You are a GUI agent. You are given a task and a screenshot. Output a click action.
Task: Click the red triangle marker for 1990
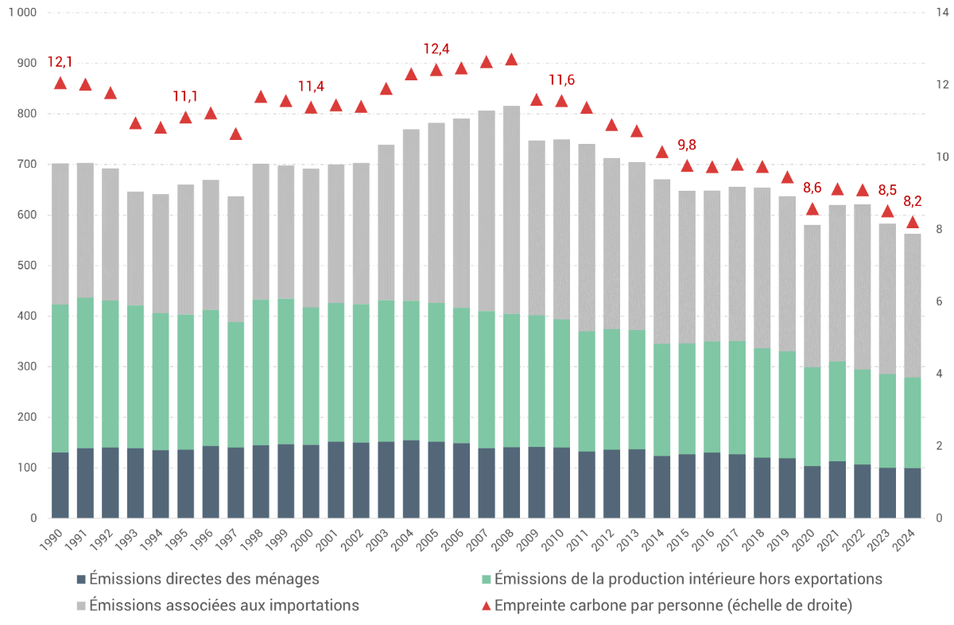coord(60,83)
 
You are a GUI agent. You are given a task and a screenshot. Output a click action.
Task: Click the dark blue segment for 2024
coord(913,493)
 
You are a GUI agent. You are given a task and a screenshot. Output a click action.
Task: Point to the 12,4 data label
coord(436,49)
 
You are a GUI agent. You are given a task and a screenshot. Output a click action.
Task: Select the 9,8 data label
coord(687,145)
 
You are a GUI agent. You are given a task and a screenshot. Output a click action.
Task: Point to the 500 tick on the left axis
coord(26,266)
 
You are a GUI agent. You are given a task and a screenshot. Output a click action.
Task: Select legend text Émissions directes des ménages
coord(204,579)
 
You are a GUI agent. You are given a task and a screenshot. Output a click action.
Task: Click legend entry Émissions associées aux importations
coord(224,605)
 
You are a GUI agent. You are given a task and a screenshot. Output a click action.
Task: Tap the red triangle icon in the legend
coord(486,605)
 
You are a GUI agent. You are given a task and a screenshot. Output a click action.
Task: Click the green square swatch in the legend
coord(486,579)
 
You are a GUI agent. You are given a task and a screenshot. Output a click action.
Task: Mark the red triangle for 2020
coord(812,209)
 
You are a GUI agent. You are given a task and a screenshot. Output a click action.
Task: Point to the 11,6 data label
coord(561,80)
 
